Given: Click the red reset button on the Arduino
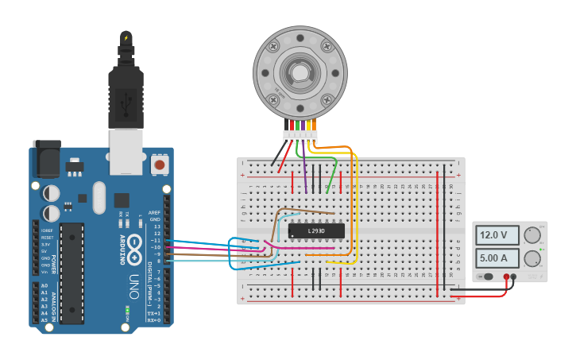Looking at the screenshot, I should [x=160, y=165].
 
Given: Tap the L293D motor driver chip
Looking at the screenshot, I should [x=316, y=230].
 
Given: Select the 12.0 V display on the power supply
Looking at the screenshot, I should [x=497, y=235].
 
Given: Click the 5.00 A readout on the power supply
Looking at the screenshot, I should [x=497, y=258].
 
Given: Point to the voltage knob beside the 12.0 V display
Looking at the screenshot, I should [x=532, y=234].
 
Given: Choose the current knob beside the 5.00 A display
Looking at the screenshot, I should [x=532, y=257].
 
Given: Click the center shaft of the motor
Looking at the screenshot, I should [x=300, y=73].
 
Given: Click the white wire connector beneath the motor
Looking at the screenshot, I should [x=300, y=136].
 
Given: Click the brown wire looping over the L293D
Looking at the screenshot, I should [x=302, y=211].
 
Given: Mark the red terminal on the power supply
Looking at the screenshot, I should [x=506, y=277].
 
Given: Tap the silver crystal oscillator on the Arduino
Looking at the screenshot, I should [x=99, y=197].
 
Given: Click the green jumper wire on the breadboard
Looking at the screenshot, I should [x=333, y=171].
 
